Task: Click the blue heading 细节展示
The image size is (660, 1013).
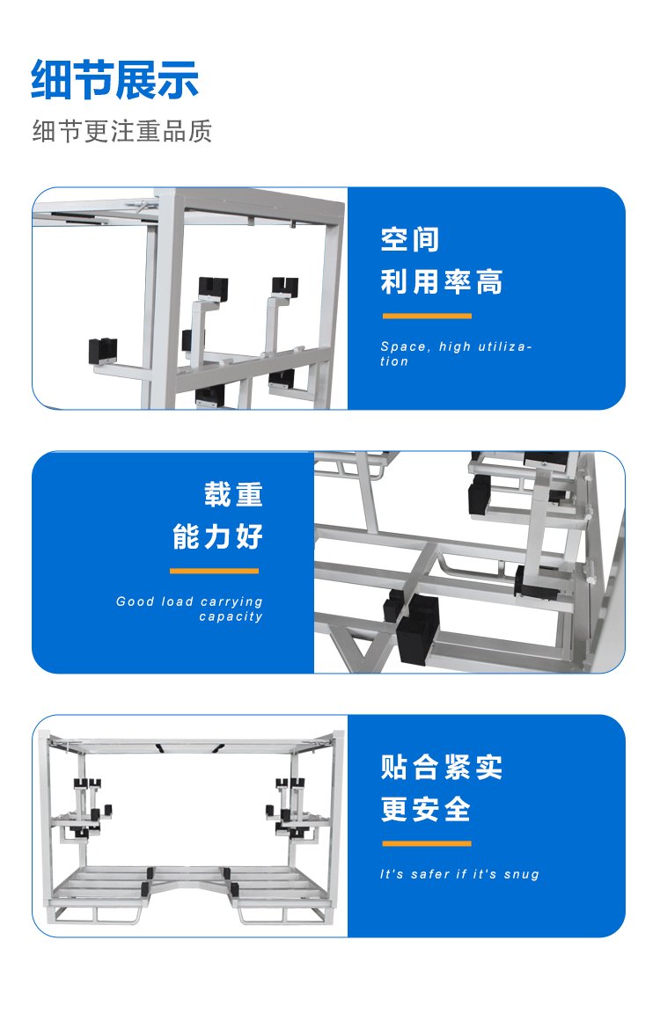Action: click(114, 80)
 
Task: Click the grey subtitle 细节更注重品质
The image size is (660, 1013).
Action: click(122, 131)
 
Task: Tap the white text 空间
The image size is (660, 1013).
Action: click(410, 240)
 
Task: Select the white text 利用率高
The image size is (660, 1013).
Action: click(442, 281)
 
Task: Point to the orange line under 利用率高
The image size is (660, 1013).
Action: click(427, 316)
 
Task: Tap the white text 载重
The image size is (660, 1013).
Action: click(233, 495)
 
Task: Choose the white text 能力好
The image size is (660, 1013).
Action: click(218, 537)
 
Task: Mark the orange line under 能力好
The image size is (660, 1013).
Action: click(214, 571)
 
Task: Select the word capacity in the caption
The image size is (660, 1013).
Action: click(231, 617)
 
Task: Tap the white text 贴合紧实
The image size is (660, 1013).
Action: click(442, 768)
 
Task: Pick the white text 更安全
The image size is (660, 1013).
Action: click(425, 810)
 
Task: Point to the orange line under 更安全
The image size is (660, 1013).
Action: click(427, 844)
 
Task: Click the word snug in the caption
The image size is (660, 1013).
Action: click(522, 875)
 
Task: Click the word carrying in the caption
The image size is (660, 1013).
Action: click(231, 602)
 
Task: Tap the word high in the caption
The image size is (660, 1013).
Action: click(455, 347)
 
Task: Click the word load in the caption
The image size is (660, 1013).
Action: click(178, 601)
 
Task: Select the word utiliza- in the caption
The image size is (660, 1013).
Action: click(505, 347)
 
